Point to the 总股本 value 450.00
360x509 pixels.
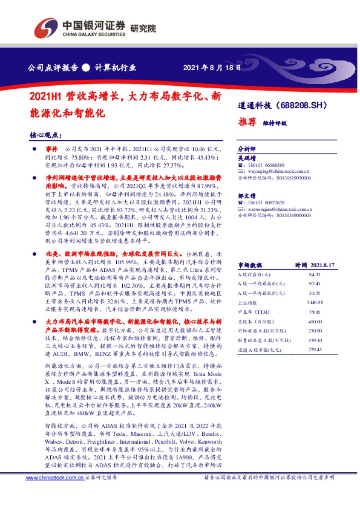click(x=313, y=322)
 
